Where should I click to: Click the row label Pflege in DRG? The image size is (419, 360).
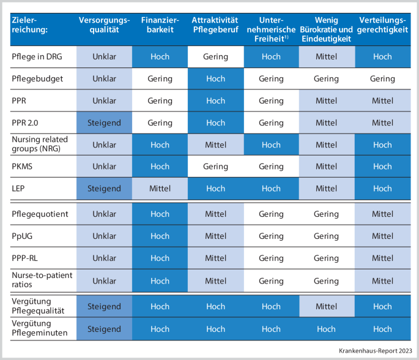(x=37, y=56)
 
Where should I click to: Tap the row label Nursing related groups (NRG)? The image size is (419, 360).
(x=40, y=144)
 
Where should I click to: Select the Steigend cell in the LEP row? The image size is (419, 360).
(x=105, y=189)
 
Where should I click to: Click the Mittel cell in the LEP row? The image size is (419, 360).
(x=160, y=189)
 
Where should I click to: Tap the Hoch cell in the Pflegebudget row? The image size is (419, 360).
(x=215, y=78)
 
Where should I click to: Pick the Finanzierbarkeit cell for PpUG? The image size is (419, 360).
(x=160, y=236)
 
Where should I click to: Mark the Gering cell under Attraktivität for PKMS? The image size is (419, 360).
(x=215, y=167)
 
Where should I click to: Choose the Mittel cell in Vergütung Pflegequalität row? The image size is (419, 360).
(x=326, y=306)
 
